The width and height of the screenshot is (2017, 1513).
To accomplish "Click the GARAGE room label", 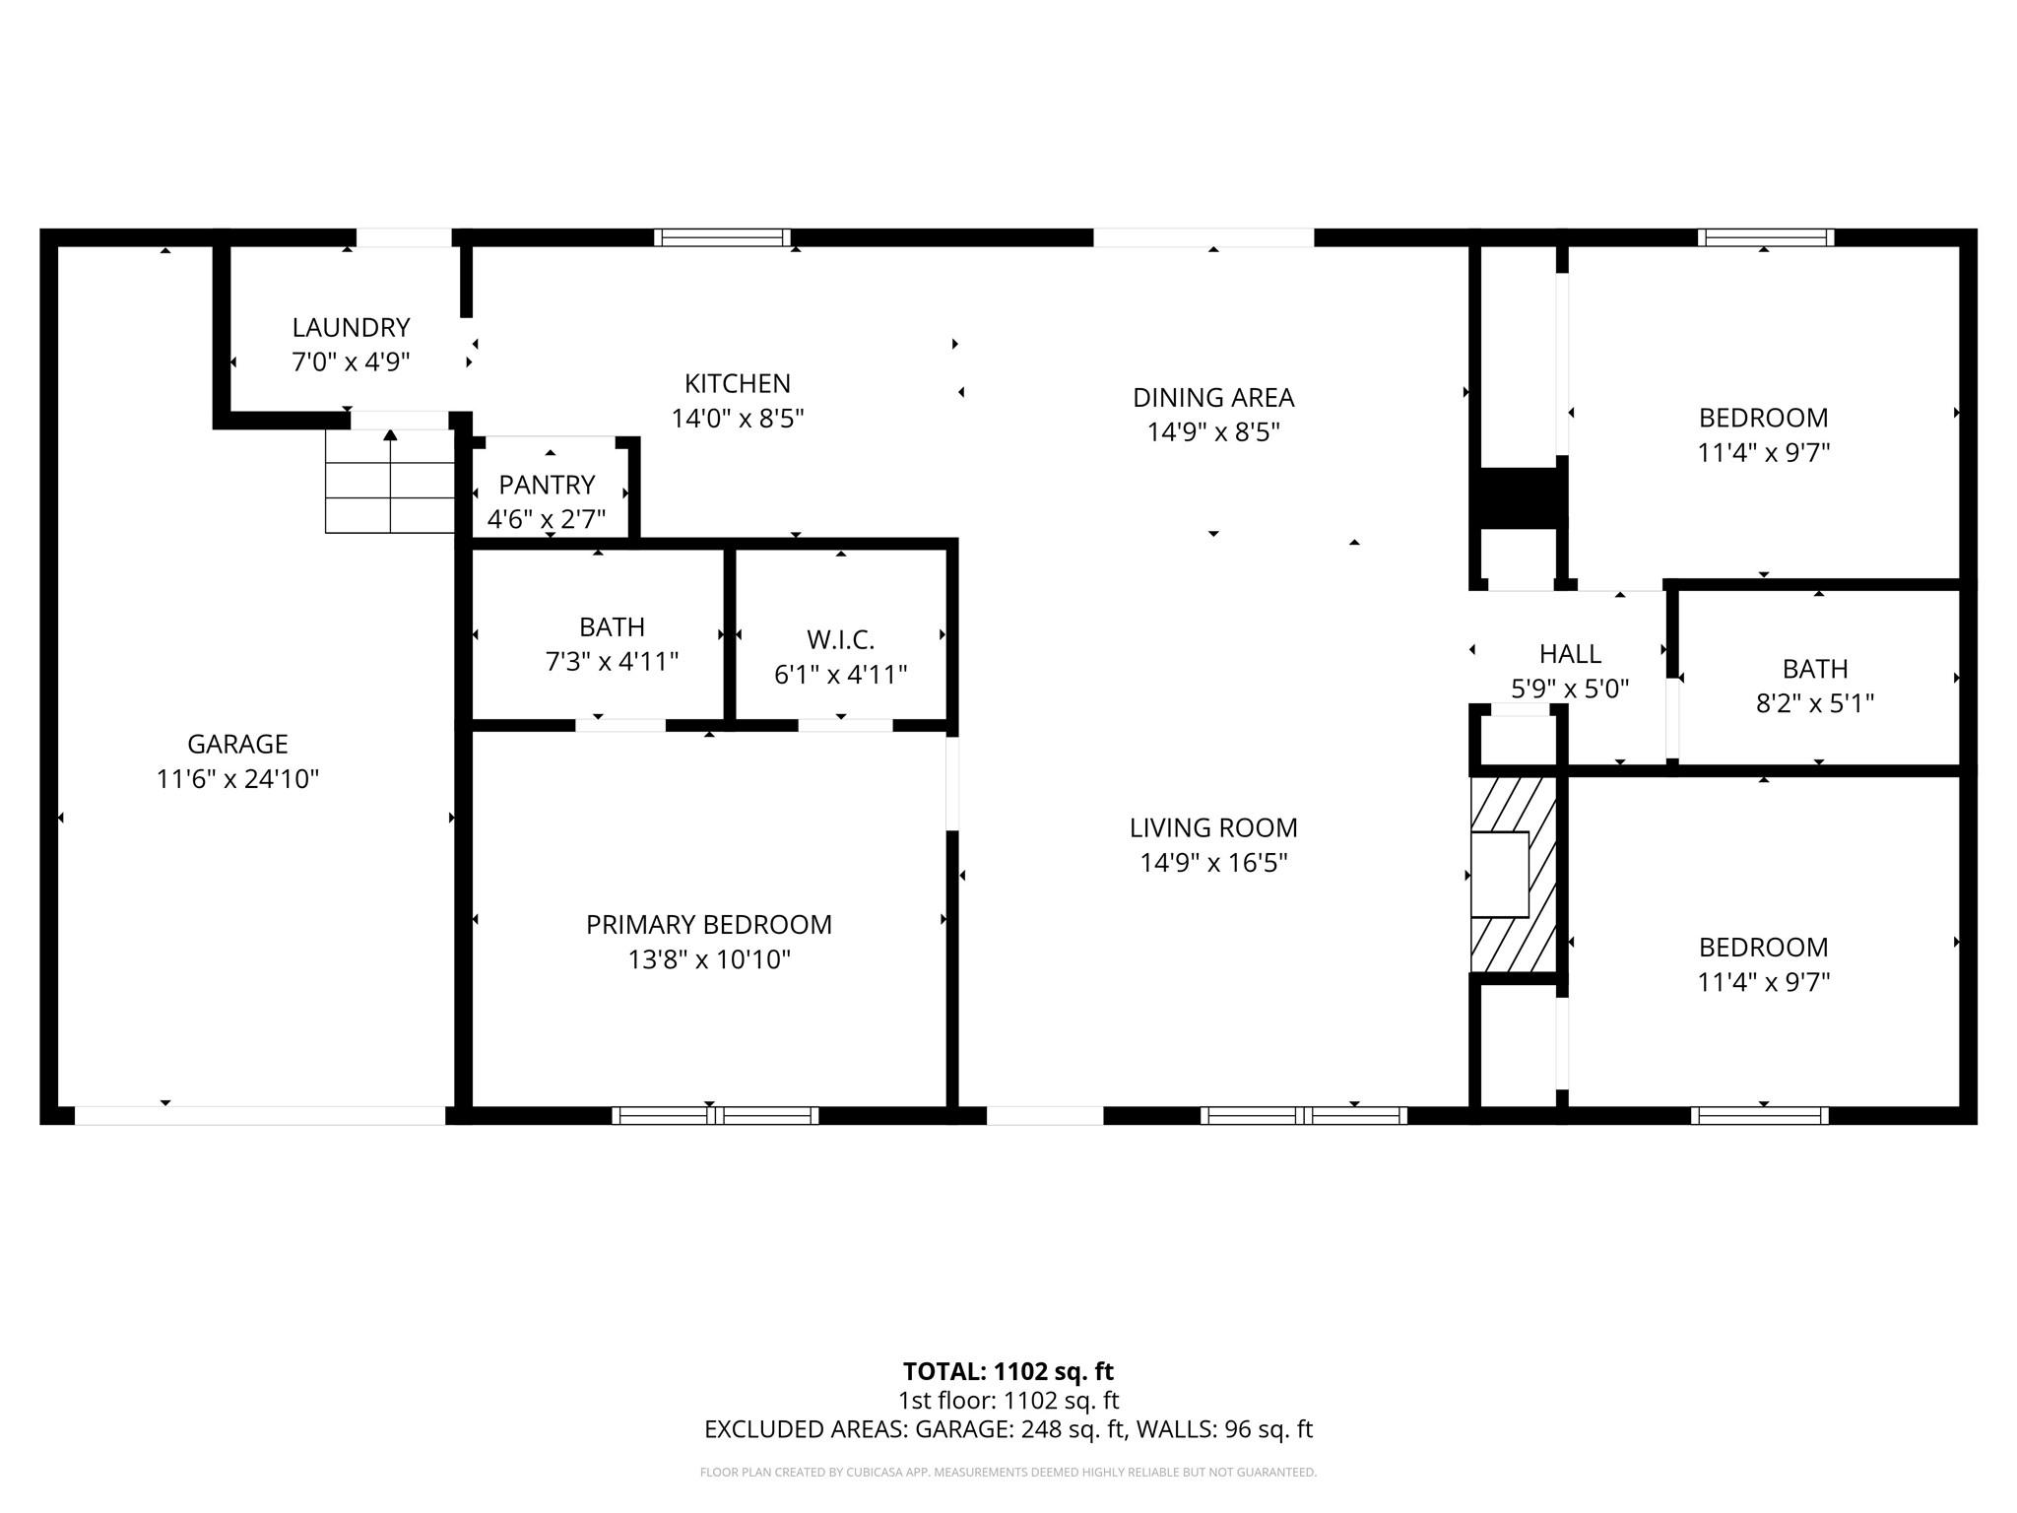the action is click(x=237, y=744).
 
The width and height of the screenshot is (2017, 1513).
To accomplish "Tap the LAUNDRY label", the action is click(x=351, y=327).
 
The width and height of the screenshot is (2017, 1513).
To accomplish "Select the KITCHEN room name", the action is click(x=738, y=383).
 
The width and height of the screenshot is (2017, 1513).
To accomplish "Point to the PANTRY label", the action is click(x=547, y=485).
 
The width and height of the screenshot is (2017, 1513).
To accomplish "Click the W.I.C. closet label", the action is click(x=840, y=640).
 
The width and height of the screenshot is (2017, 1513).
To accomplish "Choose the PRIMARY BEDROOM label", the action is click(x=709, y=925).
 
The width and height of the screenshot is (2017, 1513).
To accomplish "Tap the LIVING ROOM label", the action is click(x=1213, y=827).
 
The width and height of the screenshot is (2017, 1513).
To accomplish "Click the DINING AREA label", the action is click(x=1213, y=398).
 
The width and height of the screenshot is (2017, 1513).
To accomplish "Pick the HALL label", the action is click(x=1570, y=654).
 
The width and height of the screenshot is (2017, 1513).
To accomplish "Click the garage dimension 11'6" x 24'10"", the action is click(x=237, y=779).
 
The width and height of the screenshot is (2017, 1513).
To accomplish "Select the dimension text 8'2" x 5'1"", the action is click(x=1815, y=703).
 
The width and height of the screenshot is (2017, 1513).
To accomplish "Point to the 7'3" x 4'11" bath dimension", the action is click(x=613, y=661).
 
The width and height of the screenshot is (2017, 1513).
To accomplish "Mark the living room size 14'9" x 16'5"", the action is click(x=1213, y=863).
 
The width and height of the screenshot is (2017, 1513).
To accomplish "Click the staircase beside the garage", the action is click(x=390, y=482).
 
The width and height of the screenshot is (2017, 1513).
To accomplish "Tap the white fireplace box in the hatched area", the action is click(x=1499, y=875).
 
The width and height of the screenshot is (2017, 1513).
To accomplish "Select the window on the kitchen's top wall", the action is click(x=722, y=237).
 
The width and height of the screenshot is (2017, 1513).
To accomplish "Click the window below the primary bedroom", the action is click(x=715, y=1115).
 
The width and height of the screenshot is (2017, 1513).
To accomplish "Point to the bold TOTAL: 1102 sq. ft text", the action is click(x=1008, y=1371).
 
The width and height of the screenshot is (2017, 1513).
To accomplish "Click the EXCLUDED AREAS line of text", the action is click(x=1008, y=1429).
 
